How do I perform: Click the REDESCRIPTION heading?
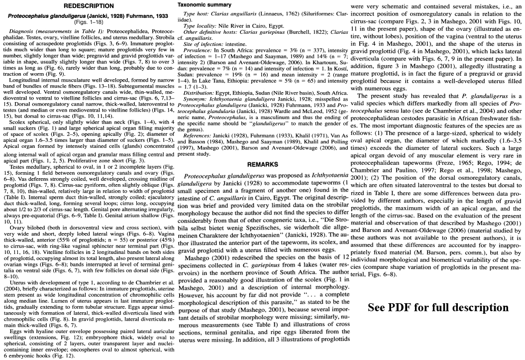[x=88, y=5]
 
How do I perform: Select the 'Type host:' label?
[x=196, y=13]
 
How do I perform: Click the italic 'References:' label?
[x=198, y=135]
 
